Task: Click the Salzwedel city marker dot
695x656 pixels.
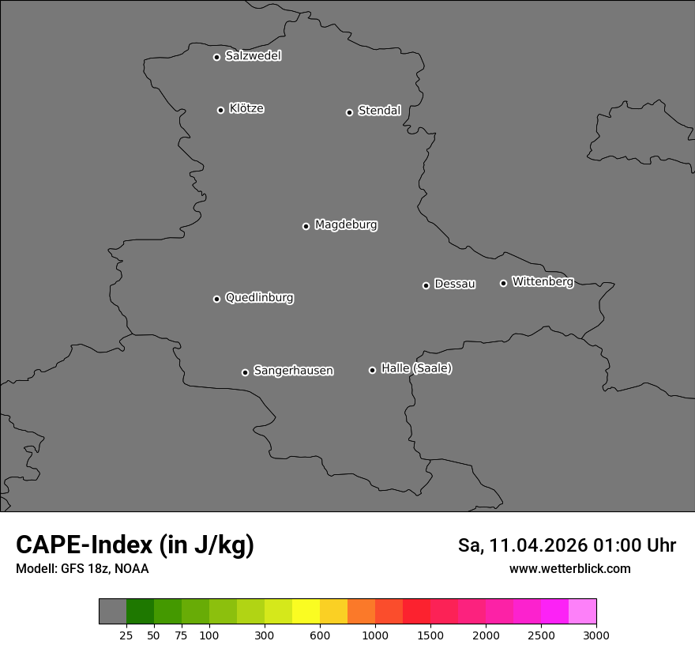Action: click(216, 57)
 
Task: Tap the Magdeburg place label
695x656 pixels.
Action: click(346, 224)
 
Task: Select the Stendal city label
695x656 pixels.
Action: click(379, 111)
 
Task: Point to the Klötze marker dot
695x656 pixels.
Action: click(220, 110)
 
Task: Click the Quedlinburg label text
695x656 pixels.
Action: click(259, 298)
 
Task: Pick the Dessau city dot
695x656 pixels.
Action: click(426, 285)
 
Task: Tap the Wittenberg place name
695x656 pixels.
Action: click(543, 281)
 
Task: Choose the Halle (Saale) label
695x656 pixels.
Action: click(416, 368)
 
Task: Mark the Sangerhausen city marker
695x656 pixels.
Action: click(245, 372)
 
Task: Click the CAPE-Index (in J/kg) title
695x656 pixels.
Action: click(135, 545)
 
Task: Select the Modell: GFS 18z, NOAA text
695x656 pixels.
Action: click(82, 568)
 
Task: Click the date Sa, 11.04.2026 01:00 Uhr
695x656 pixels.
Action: click(566, 545)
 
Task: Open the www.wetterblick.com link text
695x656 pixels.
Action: click(569, 568)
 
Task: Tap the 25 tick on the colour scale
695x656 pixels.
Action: click(126, 635)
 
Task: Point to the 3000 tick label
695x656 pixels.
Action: click(595, 635)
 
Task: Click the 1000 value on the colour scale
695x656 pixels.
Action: click(375, 635)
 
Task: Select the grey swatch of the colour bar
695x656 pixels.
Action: click(112, 612)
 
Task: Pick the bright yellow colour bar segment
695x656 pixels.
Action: click(306, 612)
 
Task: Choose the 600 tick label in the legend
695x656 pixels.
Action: click(320, 635)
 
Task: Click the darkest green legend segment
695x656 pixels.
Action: click(140, 612)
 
